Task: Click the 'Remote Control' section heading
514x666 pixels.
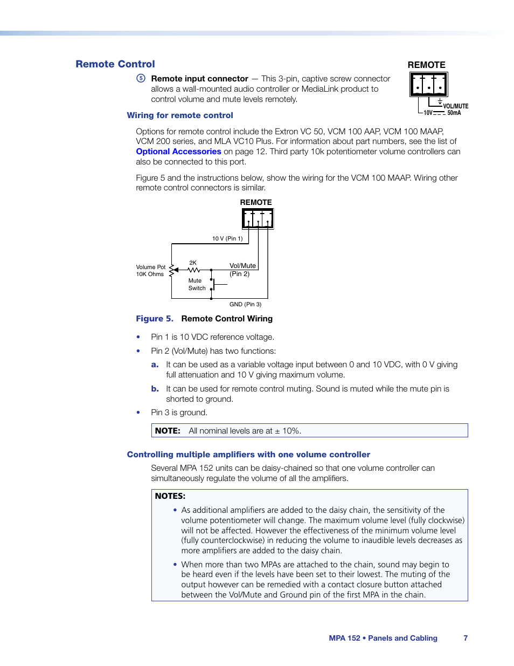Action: [115, 64]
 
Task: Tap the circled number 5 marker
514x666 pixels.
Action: [141, 78]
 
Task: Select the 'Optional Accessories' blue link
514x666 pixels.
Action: [178, 152]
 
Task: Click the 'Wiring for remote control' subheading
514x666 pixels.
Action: [180, 115]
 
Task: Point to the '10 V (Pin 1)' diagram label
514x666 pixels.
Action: [227, 238]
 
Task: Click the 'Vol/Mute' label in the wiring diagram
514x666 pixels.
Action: [242, 266]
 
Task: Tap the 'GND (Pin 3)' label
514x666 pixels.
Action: [245, 304]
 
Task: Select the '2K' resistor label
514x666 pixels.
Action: [193, 263]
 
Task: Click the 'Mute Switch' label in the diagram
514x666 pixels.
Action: [197, 284]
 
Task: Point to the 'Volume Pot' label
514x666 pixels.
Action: [151, 267]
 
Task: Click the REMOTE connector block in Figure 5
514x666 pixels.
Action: [258, 218]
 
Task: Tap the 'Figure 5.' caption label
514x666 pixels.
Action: [155, 319]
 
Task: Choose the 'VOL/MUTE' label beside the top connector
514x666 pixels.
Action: [456, 106]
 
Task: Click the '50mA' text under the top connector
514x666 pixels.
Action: [454, 113]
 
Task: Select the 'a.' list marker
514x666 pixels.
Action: [155, 365]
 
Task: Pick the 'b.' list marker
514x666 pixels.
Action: [155, 389]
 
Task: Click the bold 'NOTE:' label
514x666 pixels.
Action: [168, 431]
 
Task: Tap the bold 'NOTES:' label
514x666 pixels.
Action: [170, 496]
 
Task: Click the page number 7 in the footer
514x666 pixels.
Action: [466, 638]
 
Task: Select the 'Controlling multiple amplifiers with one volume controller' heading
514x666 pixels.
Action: [248, 455]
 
